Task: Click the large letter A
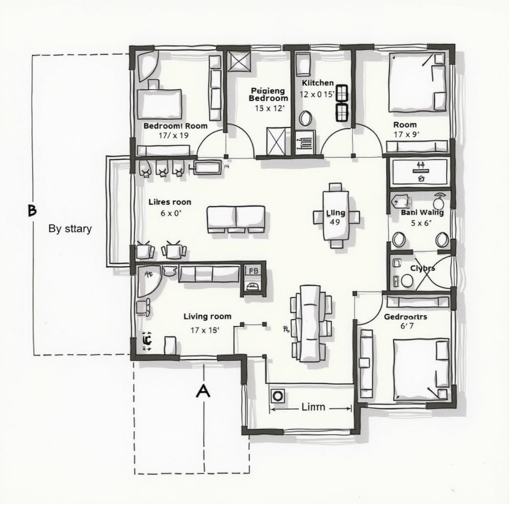tap(203, 391)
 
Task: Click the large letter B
tap(32, 211)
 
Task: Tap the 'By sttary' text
tap(70, 229)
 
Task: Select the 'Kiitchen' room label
tap(318, 83)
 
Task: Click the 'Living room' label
tap(207, 316)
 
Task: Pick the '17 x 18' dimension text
tap(205, 330)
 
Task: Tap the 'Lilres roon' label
tap(170, 202)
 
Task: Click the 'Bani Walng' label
tap(422, 212)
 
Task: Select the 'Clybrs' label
tap(423, 268)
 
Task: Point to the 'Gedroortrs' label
tap(406, 316)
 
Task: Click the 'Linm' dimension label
tap(313, 407)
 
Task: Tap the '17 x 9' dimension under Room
tap(406, 134)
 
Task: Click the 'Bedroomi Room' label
tap(175, 126)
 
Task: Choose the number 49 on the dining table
tap(335, 222)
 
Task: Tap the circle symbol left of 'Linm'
tap(277, 396)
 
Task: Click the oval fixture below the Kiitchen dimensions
tap(305, 118)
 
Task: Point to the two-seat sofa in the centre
tap(236, 218)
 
